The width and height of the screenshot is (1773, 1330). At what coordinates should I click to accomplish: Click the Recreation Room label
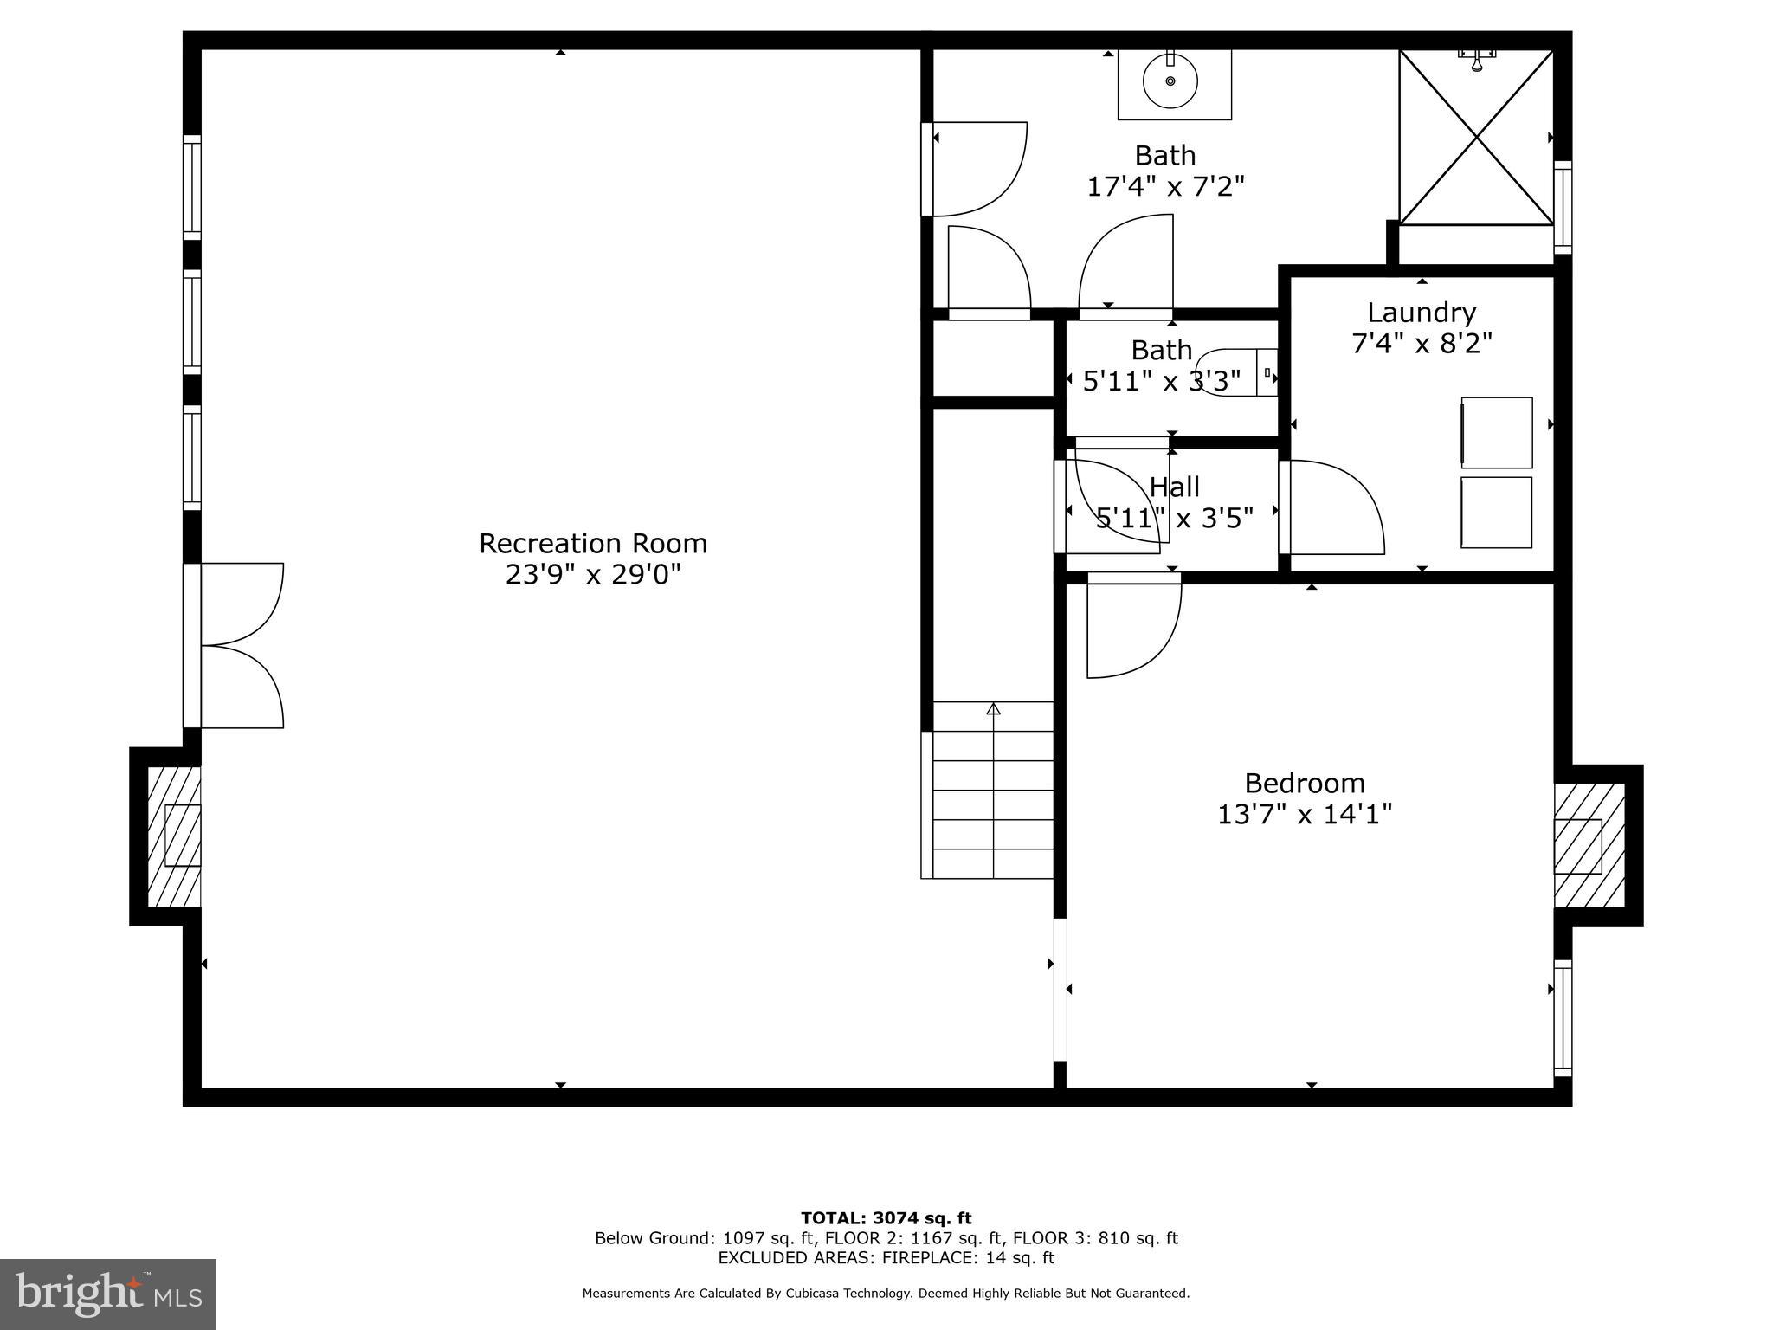click(x=593, y=544)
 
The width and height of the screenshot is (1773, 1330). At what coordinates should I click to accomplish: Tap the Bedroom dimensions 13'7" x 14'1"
click(x=1305, y=815)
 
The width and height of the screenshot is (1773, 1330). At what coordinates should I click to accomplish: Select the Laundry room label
click(x=1422, y=313)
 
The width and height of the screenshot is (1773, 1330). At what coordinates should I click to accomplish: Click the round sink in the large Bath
click(x=1170, y=81)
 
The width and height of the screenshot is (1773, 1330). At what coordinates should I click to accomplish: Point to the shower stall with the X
click(x=1476, y=138)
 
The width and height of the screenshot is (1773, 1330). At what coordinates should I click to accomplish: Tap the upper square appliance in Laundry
click(x=1497, y=433)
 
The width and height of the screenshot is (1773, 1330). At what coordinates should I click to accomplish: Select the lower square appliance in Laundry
click(x=1497, y=512)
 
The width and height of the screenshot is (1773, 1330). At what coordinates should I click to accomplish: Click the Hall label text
click(x=1175, y=487)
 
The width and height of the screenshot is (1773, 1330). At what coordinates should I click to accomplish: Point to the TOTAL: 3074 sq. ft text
click(x=886, y=1219)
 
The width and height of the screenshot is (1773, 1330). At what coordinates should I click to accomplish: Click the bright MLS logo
click(x=108, y=1294)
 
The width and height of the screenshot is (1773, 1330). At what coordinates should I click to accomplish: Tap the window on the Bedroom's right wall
click(x=1563, y=1017)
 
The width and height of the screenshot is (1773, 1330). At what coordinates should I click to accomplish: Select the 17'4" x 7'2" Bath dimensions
click(x=1165, y=186)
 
